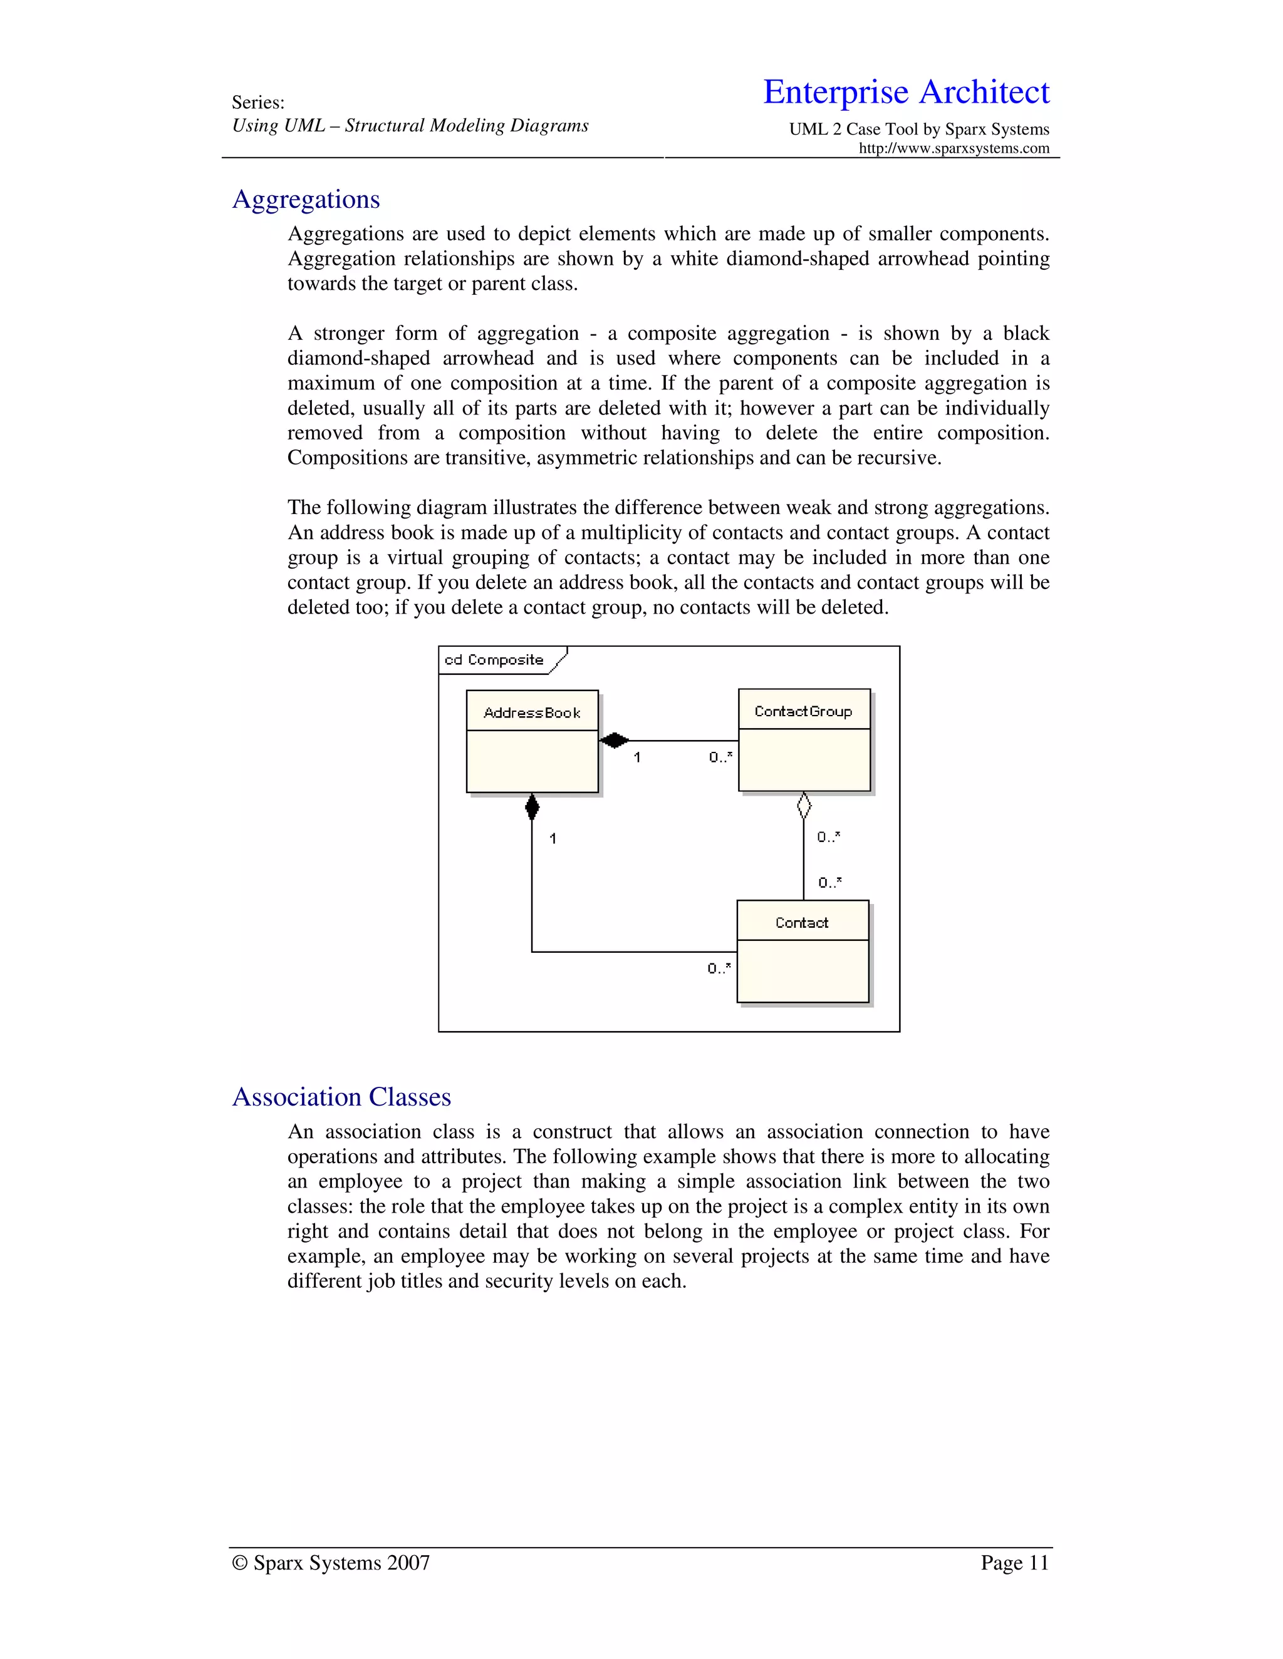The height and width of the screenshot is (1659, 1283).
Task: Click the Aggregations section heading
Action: pos(306,199)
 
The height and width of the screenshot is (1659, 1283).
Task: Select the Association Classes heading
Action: pos(341,1097)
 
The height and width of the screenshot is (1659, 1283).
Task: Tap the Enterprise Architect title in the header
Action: pos(906,92)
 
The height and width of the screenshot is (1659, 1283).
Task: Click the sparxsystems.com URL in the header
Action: pos(954,148)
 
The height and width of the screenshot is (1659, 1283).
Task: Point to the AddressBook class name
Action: pos(532,712)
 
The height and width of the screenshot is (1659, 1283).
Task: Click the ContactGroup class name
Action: pos(803,711)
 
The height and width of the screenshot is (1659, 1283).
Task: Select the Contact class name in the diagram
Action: pos(802,922)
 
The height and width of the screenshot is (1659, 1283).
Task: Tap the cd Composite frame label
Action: pos(494,659)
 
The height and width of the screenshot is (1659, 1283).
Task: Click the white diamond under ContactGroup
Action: pos(804,806)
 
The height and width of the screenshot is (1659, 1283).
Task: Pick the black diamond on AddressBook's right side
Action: pos(614,740)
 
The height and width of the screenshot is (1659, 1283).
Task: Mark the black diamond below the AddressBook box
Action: pos(532,808)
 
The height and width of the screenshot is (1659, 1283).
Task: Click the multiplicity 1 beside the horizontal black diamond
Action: pos(637,758)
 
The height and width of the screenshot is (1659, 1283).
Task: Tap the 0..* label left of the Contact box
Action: pos(719,968)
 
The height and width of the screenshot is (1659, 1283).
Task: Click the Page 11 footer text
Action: pos(1014,1563)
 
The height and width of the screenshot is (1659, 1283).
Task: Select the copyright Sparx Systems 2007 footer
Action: pos(331,1563)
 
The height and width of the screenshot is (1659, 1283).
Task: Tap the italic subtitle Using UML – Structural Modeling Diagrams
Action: pos(410,125)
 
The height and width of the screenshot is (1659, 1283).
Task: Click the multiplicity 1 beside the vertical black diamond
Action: pos(553,839)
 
